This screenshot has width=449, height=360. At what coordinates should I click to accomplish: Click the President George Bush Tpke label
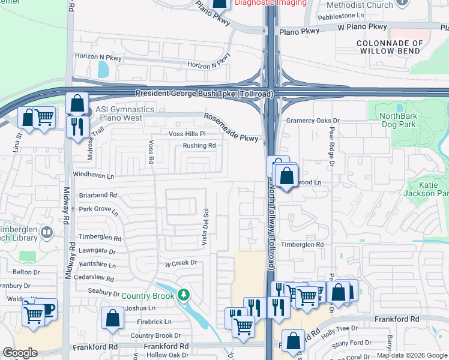coord(204,94)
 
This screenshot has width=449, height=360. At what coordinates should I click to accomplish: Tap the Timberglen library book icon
coord(46,232)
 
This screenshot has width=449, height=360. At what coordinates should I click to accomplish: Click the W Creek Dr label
coord(181,263)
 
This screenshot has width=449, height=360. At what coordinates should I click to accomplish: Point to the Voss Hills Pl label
coord(187,133)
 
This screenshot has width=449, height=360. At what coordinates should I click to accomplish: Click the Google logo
coord(20,353)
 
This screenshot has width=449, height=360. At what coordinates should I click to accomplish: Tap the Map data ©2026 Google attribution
coord(412,356)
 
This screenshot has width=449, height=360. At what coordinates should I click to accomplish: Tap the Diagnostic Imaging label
coord(270,3)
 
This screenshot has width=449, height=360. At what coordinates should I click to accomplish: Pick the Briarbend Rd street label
coord(98,195)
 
